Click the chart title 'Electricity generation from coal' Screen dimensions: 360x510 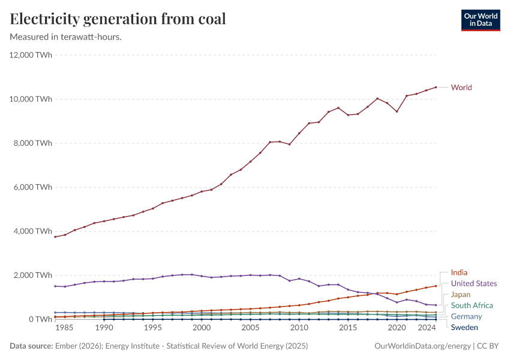(x=118, y=19)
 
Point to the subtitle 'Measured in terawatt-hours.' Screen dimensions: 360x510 (x=66, y=37)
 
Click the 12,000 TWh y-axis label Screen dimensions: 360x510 (x=31, y=55)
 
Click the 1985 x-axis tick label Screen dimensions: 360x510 (x=65, y=329)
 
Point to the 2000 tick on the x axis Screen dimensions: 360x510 (x=202, y=329)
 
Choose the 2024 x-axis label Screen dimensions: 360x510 (x=426, y=329)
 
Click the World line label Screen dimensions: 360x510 (x=461, y=88)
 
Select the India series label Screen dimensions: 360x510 (x=459, y=272)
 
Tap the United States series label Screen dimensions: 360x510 (x=474, y=284)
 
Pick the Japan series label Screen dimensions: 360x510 (x=461, y=295)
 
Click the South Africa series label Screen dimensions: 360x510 (x=472, y=305)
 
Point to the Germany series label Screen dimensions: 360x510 (x=466, y=316)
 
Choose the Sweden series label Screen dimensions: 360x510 (x=464, y=328)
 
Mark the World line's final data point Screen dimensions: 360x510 (x=436, y=87)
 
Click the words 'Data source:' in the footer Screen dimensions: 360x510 (x=30, y=346)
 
